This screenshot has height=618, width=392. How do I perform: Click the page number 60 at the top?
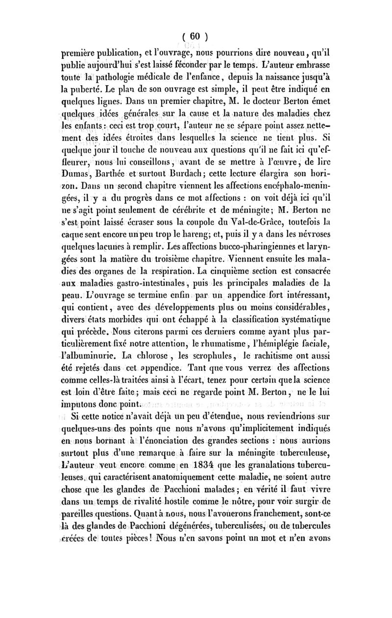(196, 36)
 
